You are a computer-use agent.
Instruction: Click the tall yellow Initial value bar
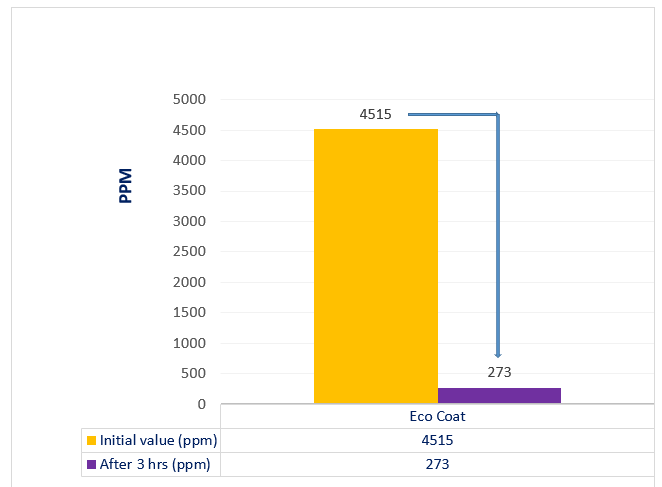[375, 266]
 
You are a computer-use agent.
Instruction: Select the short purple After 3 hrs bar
[499, 396]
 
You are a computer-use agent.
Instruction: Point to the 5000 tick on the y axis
[189, 100]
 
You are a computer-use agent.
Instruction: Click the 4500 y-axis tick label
[189, 130]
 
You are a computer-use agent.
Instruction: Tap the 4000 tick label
[189, 161]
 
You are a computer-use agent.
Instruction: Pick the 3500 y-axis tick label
[189, 191]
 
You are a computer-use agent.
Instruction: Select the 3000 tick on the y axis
[189, 222]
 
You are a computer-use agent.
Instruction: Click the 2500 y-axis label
[189, 252]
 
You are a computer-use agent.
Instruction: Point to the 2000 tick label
[189, 283]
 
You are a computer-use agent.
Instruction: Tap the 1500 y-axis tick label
[189, 313]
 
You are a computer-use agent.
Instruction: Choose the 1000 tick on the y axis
[189, 344]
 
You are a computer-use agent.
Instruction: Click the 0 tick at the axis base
[201, 405]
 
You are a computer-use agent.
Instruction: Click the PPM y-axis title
[126, 186]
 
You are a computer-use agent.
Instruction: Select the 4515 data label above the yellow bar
[375, 114]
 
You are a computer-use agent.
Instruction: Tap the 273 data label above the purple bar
[499, 372]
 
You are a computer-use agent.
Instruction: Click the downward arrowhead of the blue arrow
[497, 353]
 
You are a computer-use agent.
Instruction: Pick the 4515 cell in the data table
[437, 441]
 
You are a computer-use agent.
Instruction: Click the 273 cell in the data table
[437, 464]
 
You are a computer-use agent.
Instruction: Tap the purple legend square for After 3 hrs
[91, 464]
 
